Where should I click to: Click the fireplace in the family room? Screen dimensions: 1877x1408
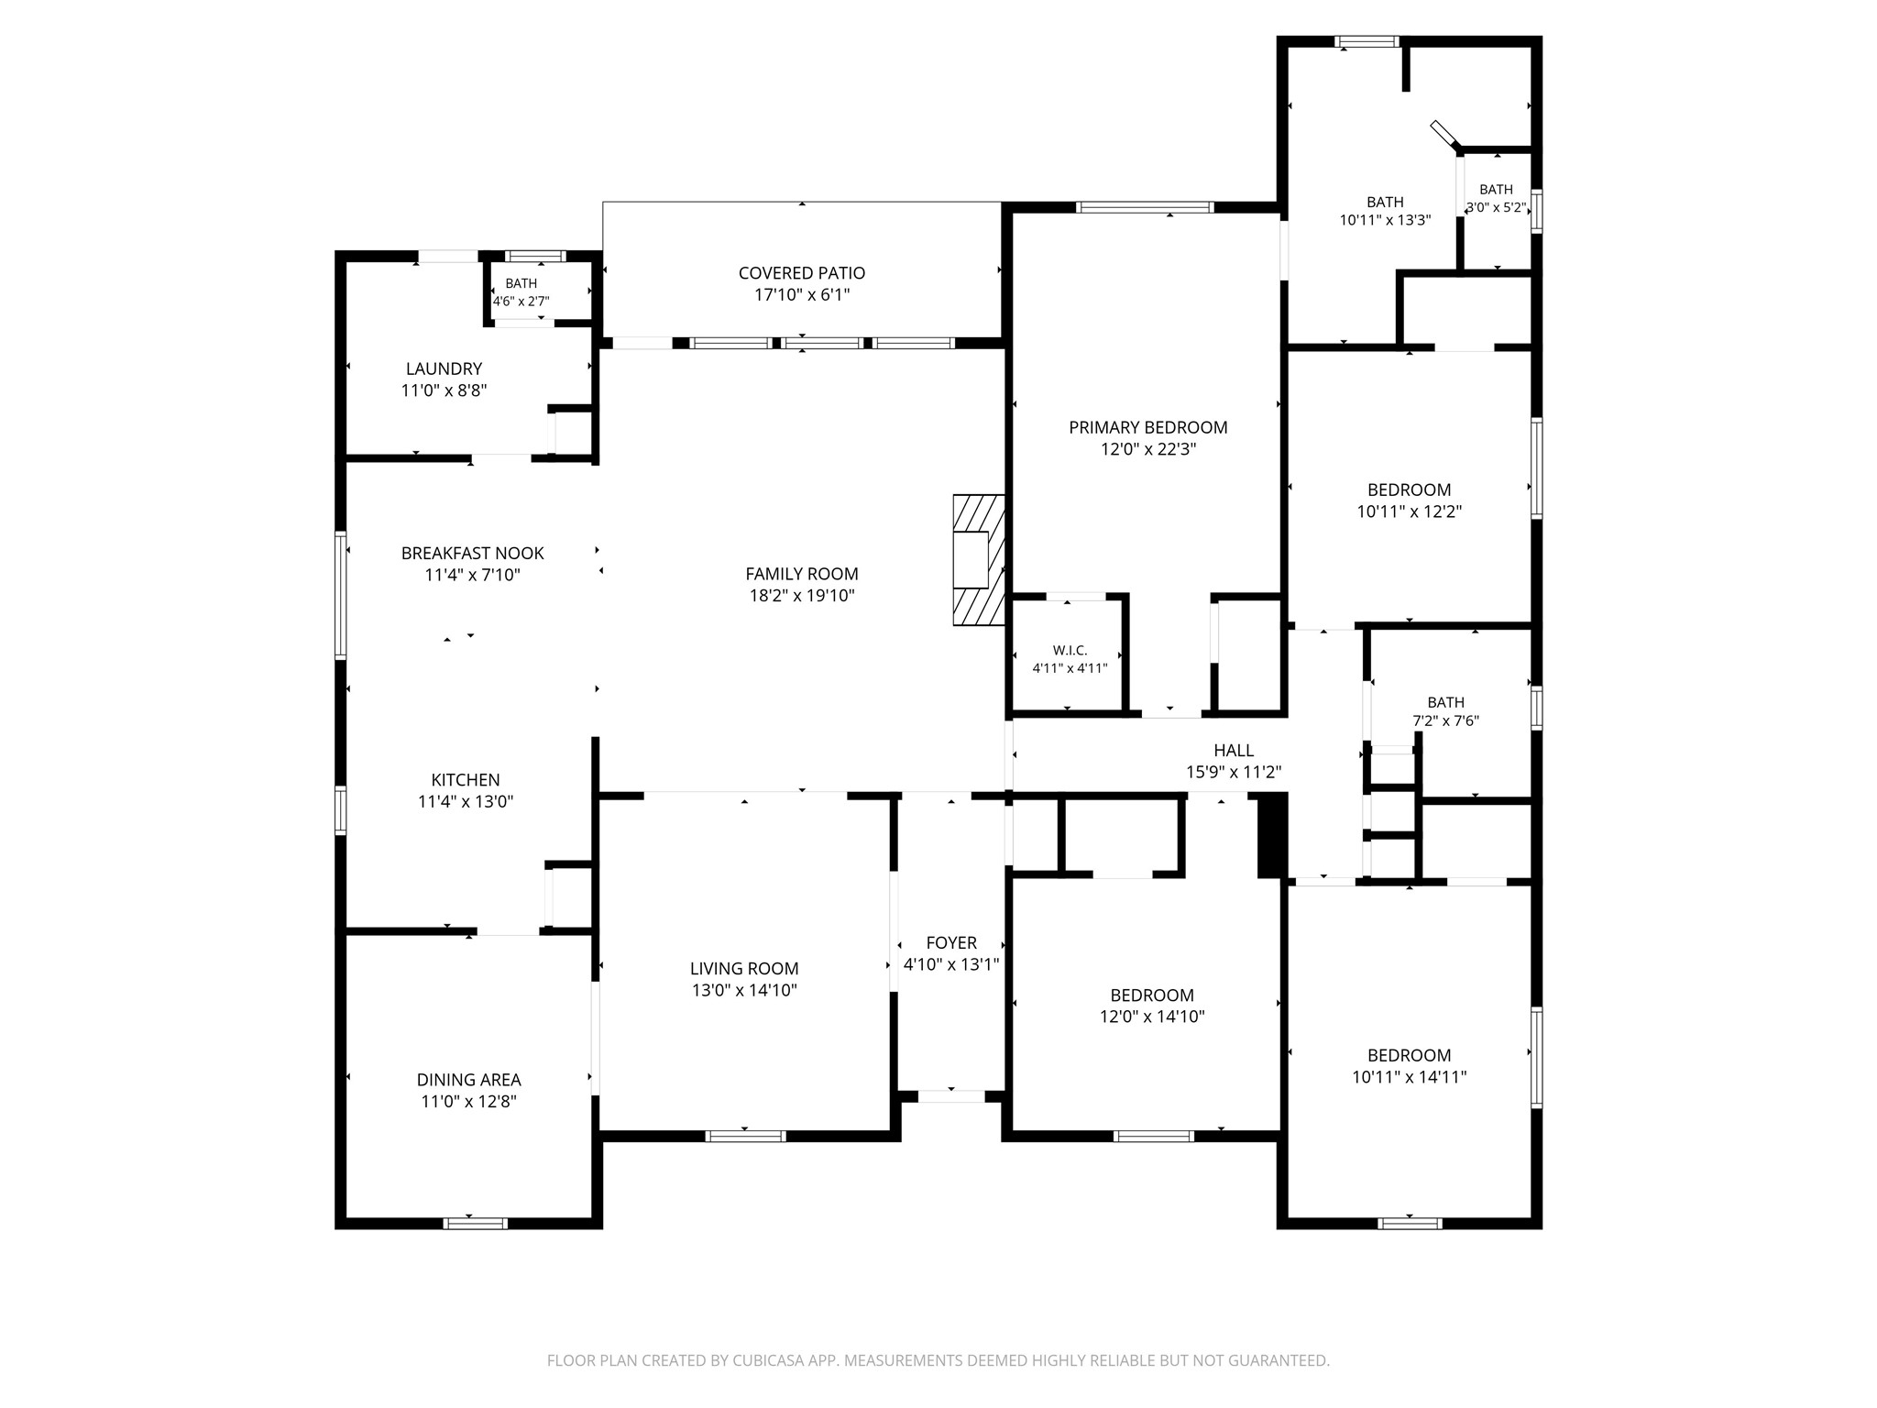tap(979, 560)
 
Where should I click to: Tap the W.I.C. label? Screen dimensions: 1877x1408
tap(1070, 651)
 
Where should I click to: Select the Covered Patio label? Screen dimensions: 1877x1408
tap(802, 273)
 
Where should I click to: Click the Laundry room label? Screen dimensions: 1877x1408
tap(444, 368)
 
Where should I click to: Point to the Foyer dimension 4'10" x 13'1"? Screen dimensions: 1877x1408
tap(951, 964)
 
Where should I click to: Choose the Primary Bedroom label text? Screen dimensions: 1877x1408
tap(1148, 427)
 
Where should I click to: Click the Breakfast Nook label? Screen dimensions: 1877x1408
tap(473, 554)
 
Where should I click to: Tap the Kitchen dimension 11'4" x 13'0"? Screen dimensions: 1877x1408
tap(466, 802)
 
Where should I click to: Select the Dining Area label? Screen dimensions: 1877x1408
tap(469, 1080)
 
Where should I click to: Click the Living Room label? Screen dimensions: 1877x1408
tap(744, 969)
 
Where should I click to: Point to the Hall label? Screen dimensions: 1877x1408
tap(1234, 751)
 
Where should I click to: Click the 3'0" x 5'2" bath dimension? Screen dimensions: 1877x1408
tap(1496, 208)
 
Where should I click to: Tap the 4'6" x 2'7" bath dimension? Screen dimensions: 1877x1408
tap(521, 301)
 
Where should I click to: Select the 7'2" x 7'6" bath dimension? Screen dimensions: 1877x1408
tap(1446, 721)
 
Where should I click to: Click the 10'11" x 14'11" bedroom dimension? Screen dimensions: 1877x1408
tap(1410, 1078)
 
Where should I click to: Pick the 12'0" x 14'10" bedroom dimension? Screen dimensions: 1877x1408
tap(1152, 1017)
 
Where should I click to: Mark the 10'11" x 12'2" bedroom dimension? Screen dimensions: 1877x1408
tap(1410, 512)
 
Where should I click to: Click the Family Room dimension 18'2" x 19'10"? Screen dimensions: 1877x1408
tap(802, 597)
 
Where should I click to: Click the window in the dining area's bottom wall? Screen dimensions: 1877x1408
tap(476, 1223)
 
